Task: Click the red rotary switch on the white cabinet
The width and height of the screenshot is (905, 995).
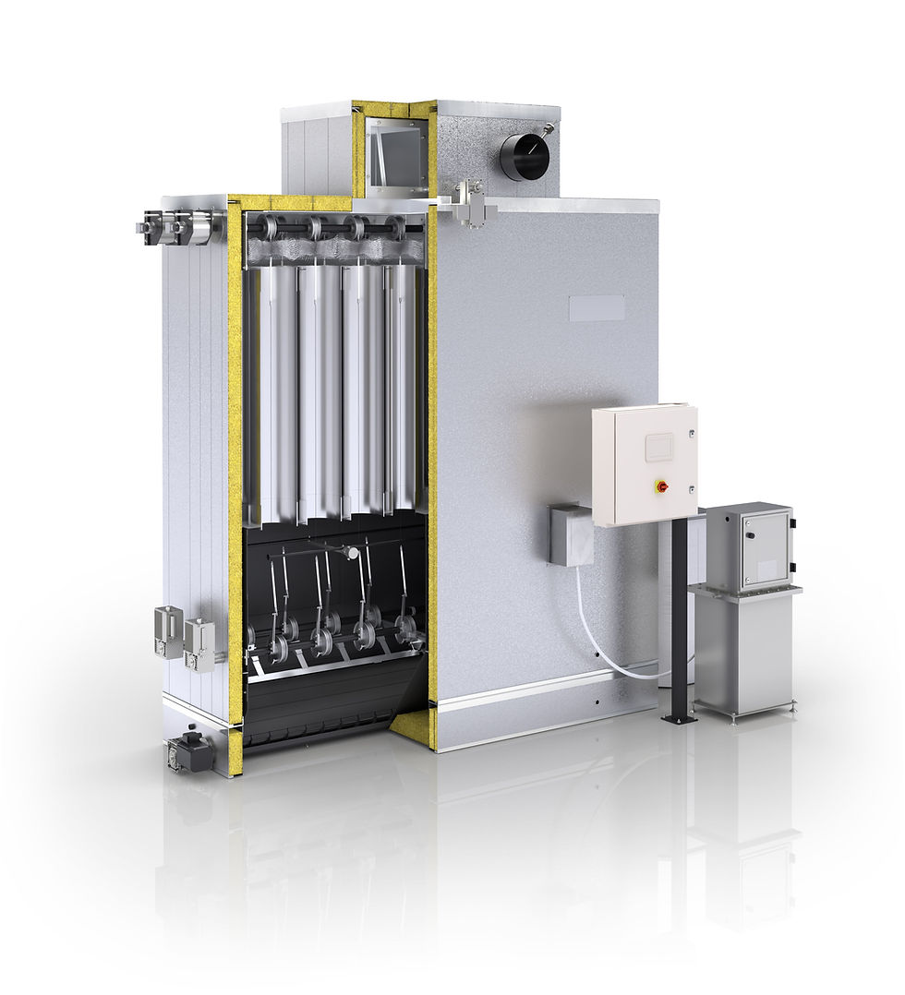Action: pos(661,485)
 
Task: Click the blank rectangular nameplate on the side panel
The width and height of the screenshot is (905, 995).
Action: pos(596,308)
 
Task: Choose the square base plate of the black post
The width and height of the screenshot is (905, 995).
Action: pos(680,718)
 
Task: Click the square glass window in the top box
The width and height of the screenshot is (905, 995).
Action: pos(396,151)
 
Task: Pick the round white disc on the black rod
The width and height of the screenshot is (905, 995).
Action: pos(352,553)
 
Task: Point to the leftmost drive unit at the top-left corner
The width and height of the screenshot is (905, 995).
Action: pos(148,226)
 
